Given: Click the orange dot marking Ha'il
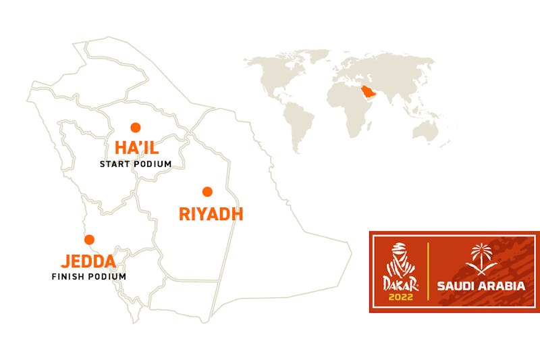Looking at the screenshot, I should click(135, 127).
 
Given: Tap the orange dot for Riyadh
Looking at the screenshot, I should click(207, 191).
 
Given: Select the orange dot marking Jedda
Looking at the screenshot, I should click(88, 238).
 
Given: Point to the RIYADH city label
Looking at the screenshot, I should click(211, 215).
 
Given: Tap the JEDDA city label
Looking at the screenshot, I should click(88, 261).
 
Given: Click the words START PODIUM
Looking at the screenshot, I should click(136, 164).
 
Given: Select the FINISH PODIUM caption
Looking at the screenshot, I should click(89, 276).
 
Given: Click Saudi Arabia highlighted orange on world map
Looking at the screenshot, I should click(367, 92).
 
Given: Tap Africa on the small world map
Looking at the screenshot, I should click(349, 108).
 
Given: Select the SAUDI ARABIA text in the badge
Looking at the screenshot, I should click(481, 286).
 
